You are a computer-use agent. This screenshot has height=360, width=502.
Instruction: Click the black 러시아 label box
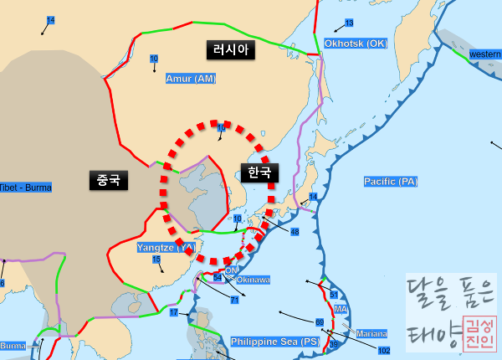click(230, 50)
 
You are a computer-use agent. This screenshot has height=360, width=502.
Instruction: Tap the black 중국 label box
click(108, 179)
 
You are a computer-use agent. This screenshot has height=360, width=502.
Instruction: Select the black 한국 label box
click(259, 172)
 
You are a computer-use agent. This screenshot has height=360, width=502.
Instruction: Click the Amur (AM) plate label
click(190, 79)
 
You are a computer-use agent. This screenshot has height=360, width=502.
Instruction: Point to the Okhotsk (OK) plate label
click(356, 43)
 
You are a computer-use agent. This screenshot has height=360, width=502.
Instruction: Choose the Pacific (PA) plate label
click(390, 182)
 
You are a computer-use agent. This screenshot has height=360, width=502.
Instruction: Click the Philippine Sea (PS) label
click(275, 342)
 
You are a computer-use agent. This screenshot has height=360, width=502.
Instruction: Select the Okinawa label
click(254, 280)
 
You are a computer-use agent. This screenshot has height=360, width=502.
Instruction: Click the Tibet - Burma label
click(25, 188)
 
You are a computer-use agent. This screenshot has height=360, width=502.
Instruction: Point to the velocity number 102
click(384, 351)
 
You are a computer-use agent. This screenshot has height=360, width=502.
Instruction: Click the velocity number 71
click(234, 299)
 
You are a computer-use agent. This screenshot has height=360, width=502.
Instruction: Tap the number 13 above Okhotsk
click(349, 23)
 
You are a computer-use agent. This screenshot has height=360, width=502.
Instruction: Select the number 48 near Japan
click(295, 231)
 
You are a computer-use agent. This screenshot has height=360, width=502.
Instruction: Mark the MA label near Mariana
click(341, 310)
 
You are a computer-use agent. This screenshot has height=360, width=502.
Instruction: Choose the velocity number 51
click(333, 295)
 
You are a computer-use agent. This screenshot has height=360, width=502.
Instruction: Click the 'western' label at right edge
click(485, 54)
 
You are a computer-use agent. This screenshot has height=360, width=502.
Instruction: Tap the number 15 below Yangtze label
click(156, 260)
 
